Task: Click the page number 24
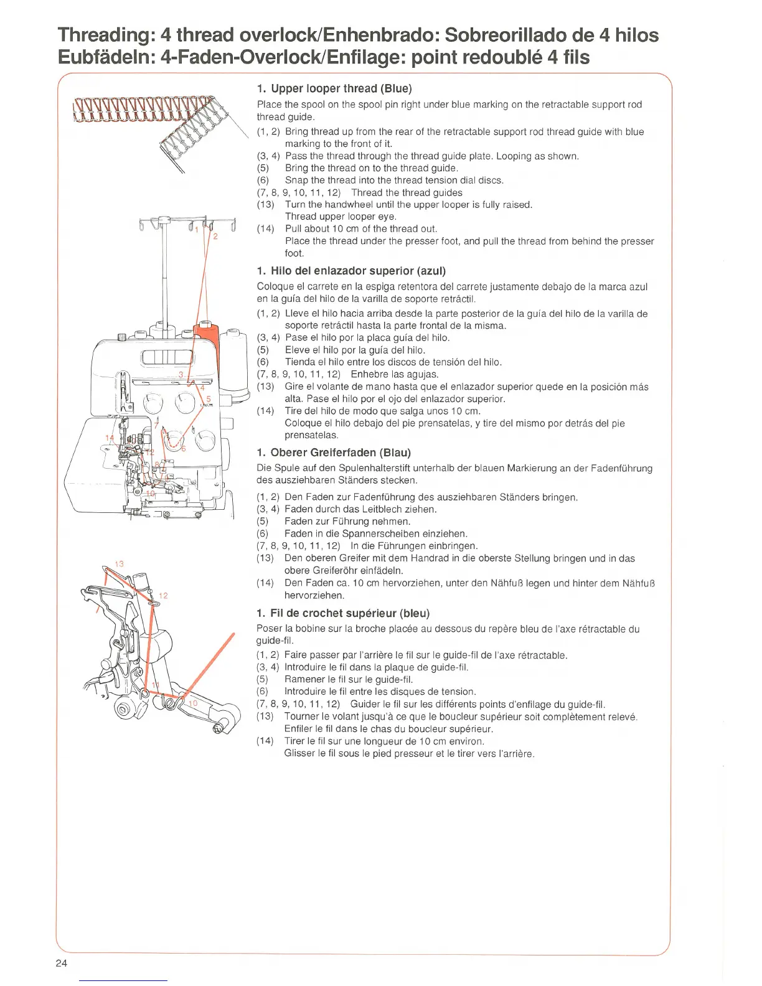(61, 963)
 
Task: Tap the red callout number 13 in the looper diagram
(120, 563)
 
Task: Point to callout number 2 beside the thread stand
(215, 237)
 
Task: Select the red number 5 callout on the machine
(209, 399)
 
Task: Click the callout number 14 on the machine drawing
(110, 439)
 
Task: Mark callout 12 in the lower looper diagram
(163, 596)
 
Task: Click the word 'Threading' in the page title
(103, 35)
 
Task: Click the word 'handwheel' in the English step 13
(336, 205)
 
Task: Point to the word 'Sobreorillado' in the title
(522, 35)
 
